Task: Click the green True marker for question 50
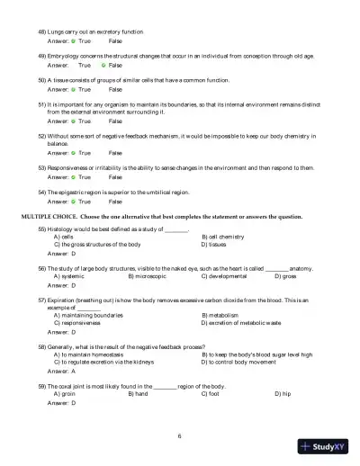click(73, 90)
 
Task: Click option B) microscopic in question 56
click(149, 275)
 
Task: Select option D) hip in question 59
click(282, 393)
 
